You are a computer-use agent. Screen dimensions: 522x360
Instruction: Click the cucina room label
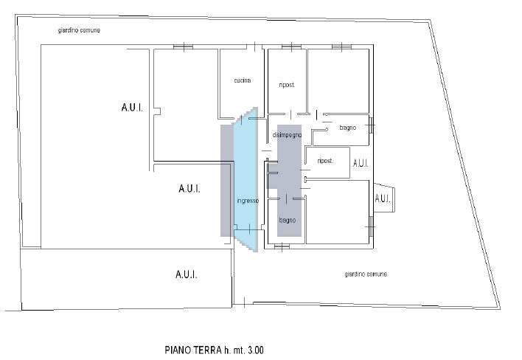pyautogui.click(x=243, y=80)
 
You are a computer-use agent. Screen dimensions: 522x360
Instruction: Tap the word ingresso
pyautogui.click(x=248, y=201)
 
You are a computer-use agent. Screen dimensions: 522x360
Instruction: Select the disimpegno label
pyautogui.click(x=287, y=135)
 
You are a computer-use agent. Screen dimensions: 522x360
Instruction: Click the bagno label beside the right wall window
pyautogui.click(x=348, y=128)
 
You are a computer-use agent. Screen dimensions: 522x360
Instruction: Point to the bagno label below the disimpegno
pyautogui.click(x=288, y=220)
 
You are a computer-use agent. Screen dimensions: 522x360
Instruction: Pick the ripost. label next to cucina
pyautogui.click(x=287, y=85)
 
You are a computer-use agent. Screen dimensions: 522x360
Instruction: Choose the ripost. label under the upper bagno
pyautogui.click(x=325, y=161)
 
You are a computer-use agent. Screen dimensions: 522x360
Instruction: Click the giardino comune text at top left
pyautogui.click(x=79, y=30)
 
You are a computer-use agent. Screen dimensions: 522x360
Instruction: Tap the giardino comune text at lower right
pyautogui.click(x=366, y=274)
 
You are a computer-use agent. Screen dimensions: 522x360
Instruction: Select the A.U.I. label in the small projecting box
pyautogui.click(x=383, y=198)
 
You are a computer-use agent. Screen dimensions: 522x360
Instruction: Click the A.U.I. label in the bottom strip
pyautogui.click(x=186, y=274)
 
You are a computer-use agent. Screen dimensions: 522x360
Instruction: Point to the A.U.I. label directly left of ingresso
pyautogui.click(x=189, y=189)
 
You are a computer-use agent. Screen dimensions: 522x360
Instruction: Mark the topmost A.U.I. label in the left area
pyautogui.click(x=132, y=108)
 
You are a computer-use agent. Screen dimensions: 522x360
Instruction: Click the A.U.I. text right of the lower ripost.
pyautogui.click(x=361, y=163)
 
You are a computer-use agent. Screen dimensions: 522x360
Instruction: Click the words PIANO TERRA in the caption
pyautogui.click(x=193, y=350)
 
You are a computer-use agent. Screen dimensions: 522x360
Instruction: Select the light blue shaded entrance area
pyautogui.click(x=246, y=180)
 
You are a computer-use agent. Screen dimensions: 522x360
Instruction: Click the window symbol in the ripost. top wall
pyautogui.click(x=291, y=47)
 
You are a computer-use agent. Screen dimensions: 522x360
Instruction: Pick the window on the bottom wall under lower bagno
pyautogui.click(x=282, y=247)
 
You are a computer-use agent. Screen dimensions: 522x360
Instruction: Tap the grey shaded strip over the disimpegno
pyautogui.click(x=289, y=181)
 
